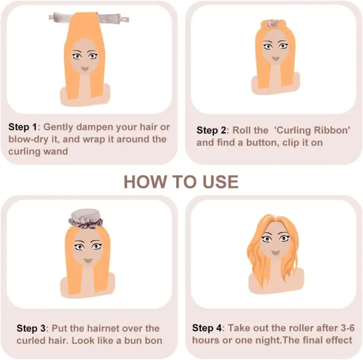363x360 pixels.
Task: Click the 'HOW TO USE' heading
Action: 181,182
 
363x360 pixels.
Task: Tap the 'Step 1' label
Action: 23,127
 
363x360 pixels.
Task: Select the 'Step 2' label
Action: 211,130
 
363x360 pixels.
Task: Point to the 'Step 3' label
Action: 31,328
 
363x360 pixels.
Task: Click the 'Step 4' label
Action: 207,328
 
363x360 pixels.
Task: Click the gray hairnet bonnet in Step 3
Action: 86,218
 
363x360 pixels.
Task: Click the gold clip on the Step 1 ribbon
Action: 125,19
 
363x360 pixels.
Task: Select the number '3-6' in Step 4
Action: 348,328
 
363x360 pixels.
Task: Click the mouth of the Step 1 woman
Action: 85,69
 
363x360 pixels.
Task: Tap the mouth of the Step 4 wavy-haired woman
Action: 276,252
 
